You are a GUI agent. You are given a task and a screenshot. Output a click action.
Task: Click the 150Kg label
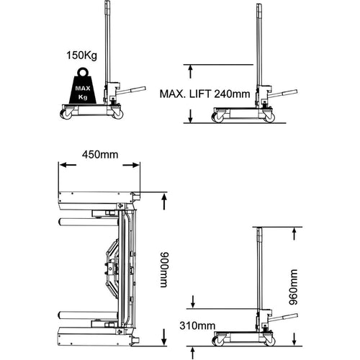click(82, 55)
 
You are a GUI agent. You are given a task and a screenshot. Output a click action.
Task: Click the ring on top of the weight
click(83, 72)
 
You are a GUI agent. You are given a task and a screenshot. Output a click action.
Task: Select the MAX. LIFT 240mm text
click(204, 94)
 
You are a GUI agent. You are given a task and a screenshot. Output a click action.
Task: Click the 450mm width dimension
click(100, 155)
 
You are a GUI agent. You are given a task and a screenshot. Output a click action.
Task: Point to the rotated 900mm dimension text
click(165, 269)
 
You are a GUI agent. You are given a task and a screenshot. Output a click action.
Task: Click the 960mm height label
click(293, 287)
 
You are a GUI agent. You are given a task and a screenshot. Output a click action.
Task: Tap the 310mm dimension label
click(197, 325)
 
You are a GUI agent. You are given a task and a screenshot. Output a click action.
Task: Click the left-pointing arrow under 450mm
click(68, 165)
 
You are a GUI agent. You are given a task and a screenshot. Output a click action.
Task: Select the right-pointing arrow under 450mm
click(131, 165)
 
